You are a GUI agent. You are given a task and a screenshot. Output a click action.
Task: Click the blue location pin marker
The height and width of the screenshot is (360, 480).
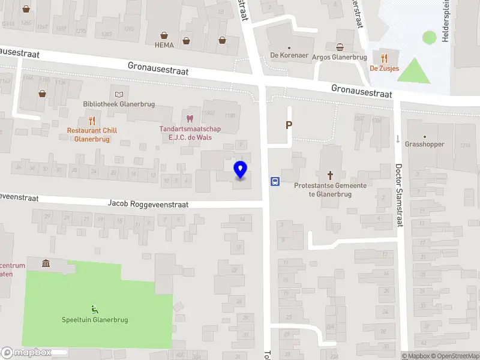pyautogui.click(x=241, y=170)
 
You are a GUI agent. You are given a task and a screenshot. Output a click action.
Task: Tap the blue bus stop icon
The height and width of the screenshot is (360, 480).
pyautogui.click(x=275, y=181)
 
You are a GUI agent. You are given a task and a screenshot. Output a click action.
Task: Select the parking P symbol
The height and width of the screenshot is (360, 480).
pyautogui.click(x=289, y=125)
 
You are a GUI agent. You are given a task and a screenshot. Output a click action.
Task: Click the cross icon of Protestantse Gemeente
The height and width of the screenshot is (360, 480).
pyautogui.click(x=330, y=175)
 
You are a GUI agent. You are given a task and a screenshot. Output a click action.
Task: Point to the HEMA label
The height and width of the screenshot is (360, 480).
pyautogui.click(x=164, y=45)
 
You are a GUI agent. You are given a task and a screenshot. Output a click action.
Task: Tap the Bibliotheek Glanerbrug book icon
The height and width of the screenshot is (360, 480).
pyautogui.click(x=119, y=94)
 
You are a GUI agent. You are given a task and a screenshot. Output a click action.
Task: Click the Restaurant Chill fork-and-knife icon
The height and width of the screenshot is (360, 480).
pyautogui.click(x=92, y=120)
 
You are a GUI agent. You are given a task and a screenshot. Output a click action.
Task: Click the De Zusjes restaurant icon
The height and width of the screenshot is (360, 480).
pyautogui.click(x=385, y=58)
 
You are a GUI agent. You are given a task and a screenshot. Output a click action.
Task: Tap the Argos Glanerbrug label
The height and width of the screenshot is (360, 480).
pyautogui.click(x=339, y=58)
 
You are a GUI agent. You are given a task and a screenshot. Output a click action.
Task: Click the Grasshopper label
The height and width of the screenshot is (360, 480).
pyautogui.click(x=425, y=144)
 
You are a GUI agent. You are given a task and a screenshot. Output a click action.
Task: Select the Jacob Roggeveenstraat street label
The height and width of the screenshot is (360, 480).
pyautogui.click(x=148, y=204)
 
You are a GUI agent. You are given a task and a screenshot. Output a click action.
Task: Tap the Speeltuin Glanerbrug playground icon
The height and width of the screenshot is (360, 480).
pyautogui.click(x=94, y=310)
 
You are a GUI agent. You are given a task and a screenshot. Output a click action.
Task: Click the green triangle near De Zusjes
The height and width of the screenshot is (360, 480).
pyautogui.click(x=414, y=71)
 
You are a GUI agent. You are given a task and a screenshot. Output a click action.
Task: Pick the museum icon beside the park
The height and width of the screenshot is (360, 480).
pyautogui.click(x=46, y=263)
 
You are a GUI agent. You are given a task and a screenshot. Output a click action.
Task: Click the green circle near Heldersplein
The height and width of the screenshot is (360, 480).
pyautogui.click(x=429, y=37)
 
